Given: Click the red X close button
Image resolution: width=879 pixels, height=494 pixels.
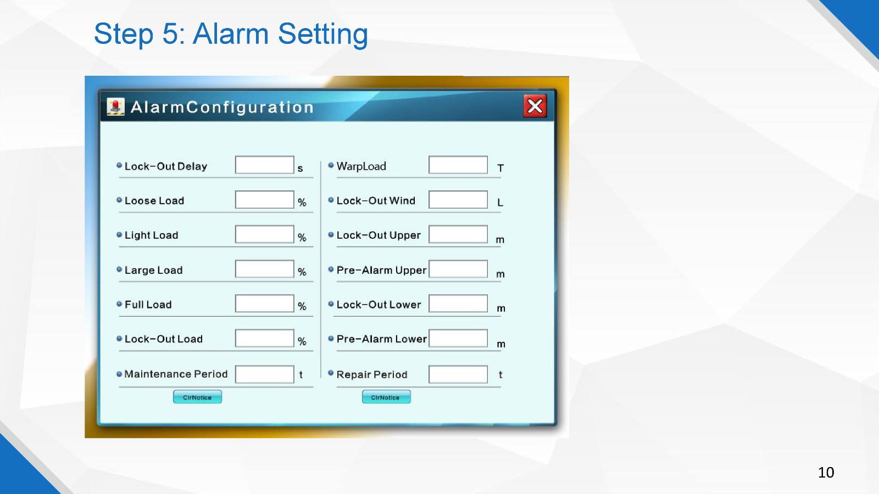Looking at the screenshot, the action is click(x=535, y=106).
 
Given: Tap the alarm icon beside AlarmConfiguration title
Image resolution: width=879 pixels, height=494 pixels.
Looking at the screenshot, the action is click(x=115, y=106).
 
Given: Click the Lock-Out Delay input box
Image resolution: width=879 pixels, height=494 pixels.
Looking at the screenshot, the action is click(x=264, y=165).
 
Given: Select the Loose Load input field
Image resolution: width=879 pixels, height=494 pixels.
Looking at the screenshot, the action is click(x=264, y=200).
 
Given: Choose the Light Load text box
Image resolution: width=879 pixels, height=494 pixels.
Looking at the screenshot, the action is click(x=264, y=234).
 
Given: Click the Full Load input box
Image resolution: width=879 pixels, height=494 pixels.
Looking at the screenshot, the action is click(x=264, y=304).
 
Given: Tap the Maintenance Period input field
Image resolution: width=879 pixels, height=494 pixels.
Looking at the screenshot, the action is click(x=264, y=374).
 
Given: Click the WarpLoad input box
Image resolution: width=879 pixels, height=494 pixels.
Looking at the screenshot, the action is click(x=458, y=165).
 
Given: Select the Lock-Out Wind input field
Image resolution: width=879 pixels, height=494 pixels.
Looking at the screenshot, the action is click(x=458, y=200).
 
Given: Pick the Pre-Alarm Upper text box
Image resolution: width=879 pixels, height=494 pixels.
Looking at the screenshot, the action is click(x=458, y=269).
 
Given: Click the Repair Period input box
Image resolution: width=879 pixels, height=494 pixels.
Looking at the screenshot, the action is click(x=458, y=374).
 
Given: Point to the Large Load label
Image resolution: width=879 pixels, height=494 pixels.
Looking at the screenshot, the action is click(x=153, y=270).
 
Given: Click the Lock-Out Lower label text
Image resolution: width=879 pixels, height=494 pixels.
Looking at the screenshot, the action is click(x=379, y=305).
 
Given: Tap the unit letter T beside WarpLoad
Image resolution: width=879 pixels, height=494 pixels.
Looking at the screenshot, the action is click(x=500, y=168).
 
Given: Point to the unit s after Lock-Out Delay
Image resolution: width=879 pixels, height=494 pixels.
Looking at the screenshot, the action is click(x=300, y=169).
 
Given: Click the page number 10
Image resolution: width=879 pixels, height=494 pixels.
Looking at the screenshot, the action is click(x=826, y=473).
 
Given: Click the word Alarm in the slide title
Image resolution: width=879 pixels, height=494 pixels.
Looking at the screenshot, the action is click(x=231, y=33).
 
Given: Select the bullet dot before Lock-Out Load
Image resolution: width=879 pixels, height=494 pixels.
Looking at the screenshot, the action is click(x=119, y=338).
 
